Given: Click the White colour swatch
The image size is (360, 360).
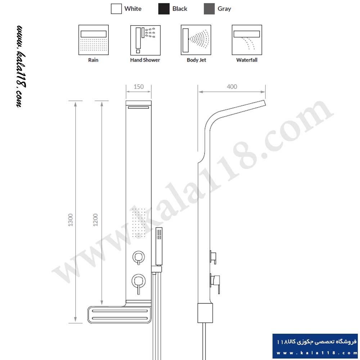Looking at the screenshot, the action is click(116, 9).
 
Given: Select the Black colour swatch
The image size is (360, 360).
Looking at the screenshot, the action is click(164, 9).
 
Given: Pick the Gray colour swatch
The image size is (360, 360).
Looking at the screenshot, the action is click(209, 9).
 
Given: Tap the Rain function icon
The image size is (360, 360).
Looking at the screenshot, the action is click(94, 40).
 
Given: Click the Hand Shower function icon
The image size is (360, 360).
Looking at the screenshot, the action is click(145, 40).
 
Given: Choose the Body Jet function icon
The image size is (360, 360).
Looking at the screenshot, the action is click(196, 40).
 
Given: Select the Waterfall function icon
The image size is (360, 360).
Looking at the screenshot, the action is click(247, 40).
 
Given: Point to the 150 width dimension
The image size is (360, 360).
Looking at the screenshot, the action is click(139, 87).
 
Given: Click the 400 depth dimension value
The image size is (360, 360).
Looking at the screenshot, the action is click(232, 87).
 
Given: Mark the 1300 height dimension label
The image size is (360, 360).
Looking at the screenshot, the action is click(71, 220).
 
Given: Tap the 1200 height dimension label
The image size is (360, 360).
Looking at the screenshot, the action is click(95, 220).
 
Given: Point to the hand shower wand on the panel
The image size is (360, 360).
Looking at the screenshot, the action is click(159, 246).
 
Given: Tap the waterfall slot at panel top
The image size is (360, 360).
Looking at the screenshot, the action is click(139, 107).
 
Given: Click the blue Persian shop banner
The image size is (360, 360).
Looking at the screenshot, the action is click(315, 346).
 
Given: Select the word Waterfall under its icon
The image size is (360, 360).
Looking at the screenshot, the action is click(247, 60).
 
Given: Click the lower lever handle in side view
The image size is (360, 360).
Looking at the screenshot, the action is click(215, 283).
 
